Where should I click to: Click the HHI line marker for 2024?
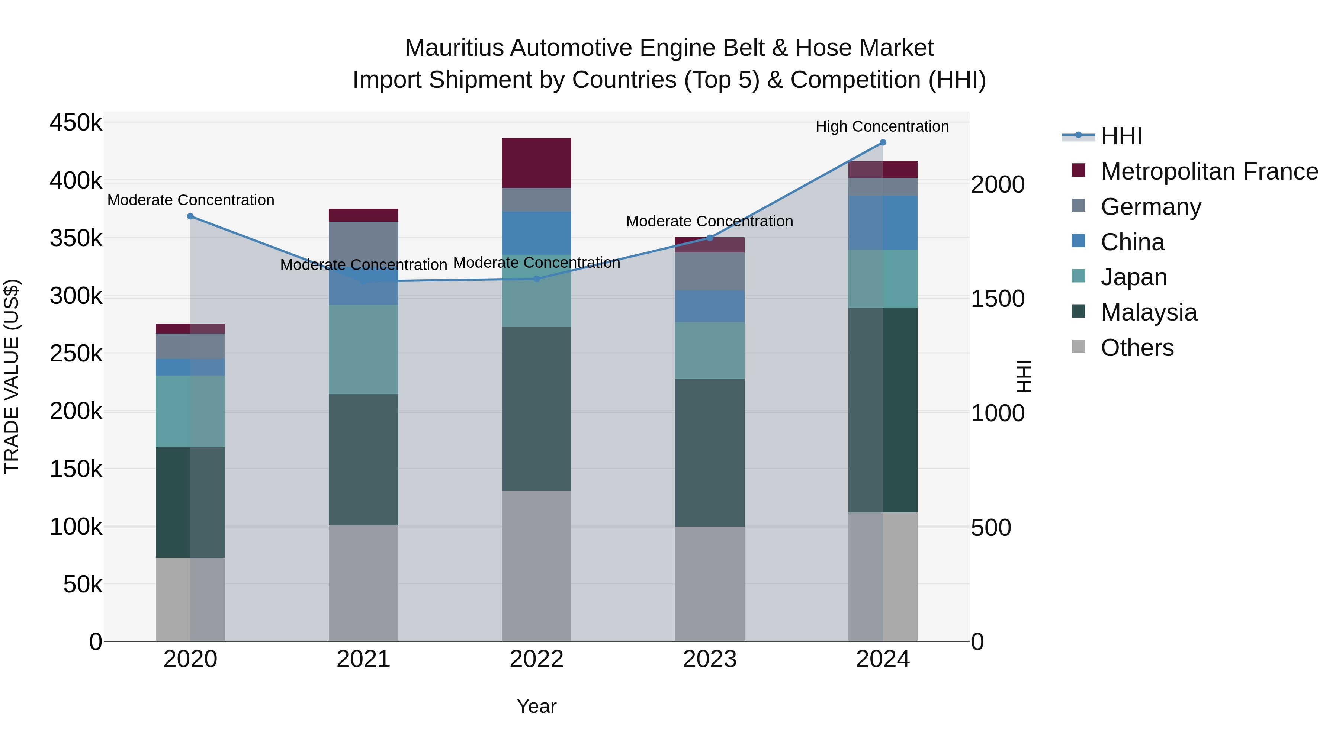[x=883, y=142]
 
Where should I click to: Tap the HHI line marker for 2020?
[x=190, y=216]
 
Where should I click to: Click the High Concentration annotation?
[x=882, y=127]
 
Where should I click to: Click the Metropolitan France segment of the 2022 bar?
[x=536, y=162]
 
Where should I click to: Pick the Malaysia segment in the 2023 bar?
[x=710, y=452]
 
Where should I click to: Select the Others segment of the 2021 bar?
[x=363, y=583]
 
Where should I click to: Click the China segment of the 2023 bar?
[x=710, y=306]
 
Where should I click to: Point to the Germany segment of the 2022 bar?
[x=536, y=200]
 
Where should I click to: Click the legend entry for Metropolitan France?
[x=1209, y=171]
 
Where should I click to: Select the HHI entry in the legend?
[x=1121, y=136]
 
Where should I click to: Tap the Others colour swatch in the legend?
[x=1079, y=347]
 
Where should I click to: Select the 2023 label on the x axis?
[x=710, y=659]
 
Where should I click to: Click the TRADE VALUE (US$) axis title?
[x=12, y=376]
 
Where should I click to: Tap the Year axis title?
[x=536, y=706]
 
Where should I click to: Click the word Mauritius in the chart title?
[x=454, y=48]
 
